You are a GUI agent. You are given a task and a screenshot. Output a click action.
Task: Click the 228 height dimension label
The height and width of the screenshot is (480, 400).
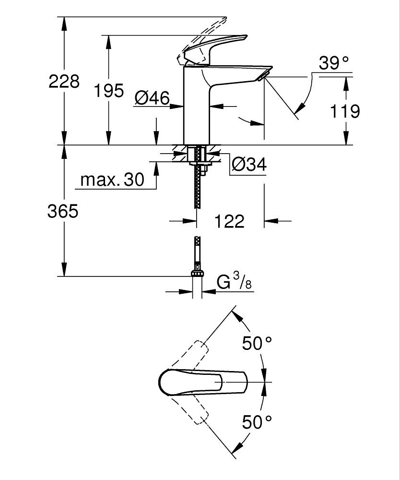[64, 81]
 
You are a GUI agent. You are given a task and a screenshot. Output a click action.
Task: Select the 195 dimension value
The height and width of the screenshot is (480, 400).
[108, 90]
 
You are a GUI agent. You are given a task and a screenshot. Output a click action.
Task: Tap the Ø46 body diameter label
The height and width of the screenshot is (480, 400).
[152, 98]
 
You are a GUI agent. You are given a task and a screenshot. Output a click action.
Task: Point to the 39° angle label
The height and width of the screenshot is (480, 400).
[334, 63]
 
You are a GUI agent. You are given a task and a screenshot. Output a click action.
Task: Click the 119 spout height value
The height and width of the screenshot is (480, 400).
[345, 111]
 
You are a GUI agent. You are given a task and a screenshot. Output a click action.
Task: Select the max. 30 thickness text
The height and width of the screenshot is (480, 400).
[112, 180]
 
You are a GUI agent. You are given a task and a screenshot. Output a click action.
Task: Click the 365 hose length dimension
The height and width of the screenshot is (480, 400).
[62, 211]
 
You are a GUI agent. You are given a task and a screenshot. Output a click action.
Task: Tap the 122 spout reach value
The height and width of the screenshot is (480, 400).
[229, 221]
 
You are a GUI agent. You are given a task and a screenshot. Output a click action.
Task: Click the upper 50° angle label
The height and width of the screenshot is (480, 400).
[257, 343]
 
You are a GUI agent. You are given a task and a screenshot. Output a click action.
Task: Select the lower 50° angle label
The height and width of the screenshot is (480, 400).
[257, 422]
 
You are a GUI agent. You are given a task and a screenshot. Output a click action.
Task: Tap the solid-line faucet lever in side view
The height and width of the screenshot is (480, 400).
[216, 48]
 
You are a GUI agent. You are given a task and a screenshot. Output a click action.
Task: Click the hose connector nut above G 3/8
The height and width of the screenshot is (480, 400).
[197, 273]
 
